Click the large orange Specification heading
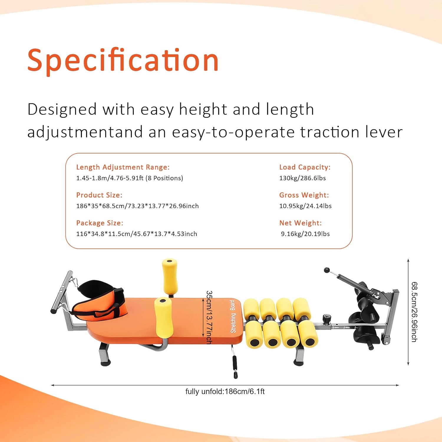tap(123, 60)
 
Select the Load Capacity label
tap(305, 167)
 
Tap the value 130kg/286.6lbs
tap(302, 178)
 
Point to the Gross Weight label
tap(304, 195)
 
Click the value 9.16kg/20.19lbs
tap(305, 234)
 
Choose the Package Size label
tap(100, 223)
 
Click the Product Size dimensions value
tap(137, 206)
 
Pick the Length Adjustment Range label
tap(123, 167)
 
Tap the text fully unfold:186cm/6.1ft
tap(225, 392)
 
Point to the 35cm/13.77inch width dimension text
tap(209, 317)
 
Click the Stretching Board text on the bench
tap(233, 316)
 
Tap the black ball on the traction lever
tap(326, 270)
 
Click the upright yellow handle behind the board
tap(170, 276)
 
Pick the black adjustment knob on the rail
tap(326, 319)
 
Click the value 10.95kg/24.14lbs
tap(305, 206)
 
